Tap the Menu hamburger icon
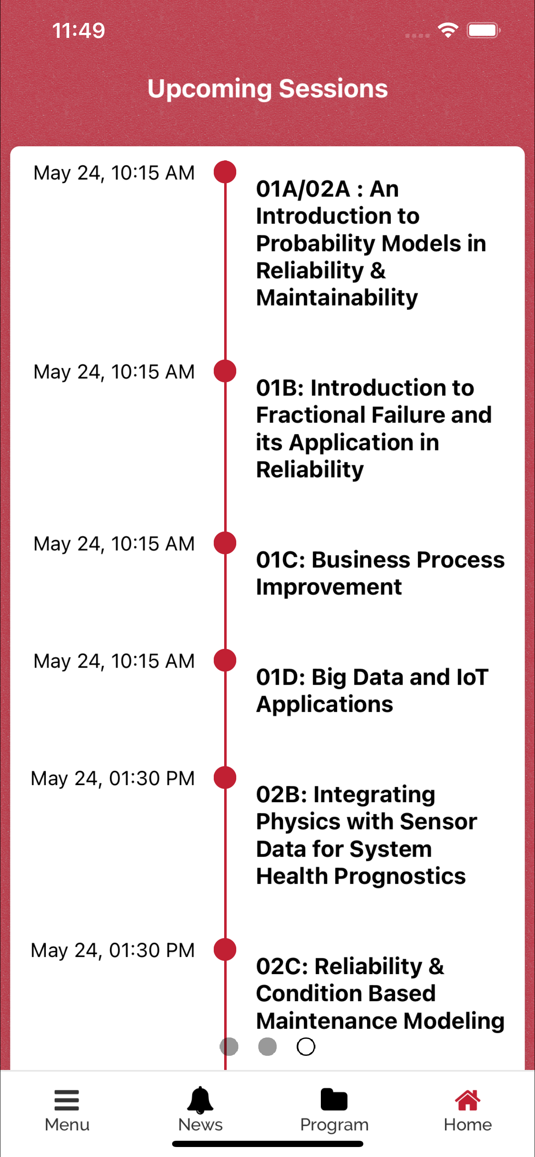tap(67, 1100)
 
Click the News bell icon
tap(200, 1100)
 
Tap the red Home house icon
tap(467, 1100)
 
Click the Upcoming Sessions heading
tap(267, 88)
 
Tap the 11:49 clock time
tap(79, 30)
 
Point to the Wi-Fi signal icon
tap(447, 30)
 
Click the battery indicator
tap(483, 30)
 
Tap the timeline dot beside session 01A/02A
tap(225, 172)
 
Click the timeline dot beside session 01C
tap(225, 543)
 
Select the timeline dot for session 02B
tap(225, 778)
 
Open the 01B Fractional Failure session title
tap(374, 429)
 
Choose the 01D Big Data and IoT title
tap(372, 691)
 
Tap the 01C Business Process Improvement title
tap(380, 573)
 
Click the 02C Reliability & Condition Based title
tap(380, 993)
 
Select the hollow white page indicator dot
tap(306, 1047)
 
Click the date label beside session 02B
tap(113, 779)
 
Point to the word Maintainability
tap(337, 298)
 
